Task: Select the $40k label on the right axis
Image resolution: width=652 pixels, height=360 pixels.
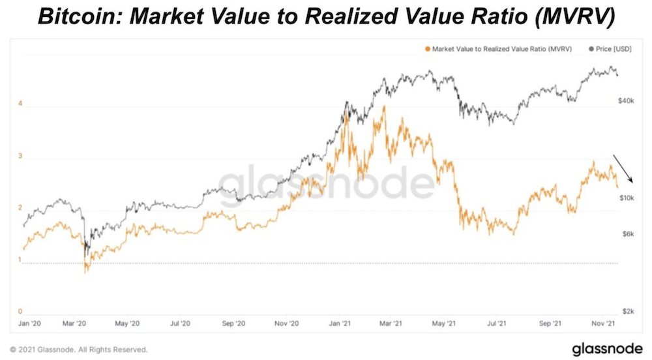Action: click(x=627, y=101)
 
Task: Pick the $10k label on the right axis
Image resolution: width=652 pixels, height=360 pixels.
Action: click(x=627, y=198)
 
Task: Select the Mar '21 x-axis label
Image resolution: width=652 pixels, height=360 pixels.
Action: click(x=390, y=323)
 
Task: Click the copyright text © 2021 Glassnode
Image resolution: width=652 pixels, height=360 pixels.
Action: click(x=79, y=349)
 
